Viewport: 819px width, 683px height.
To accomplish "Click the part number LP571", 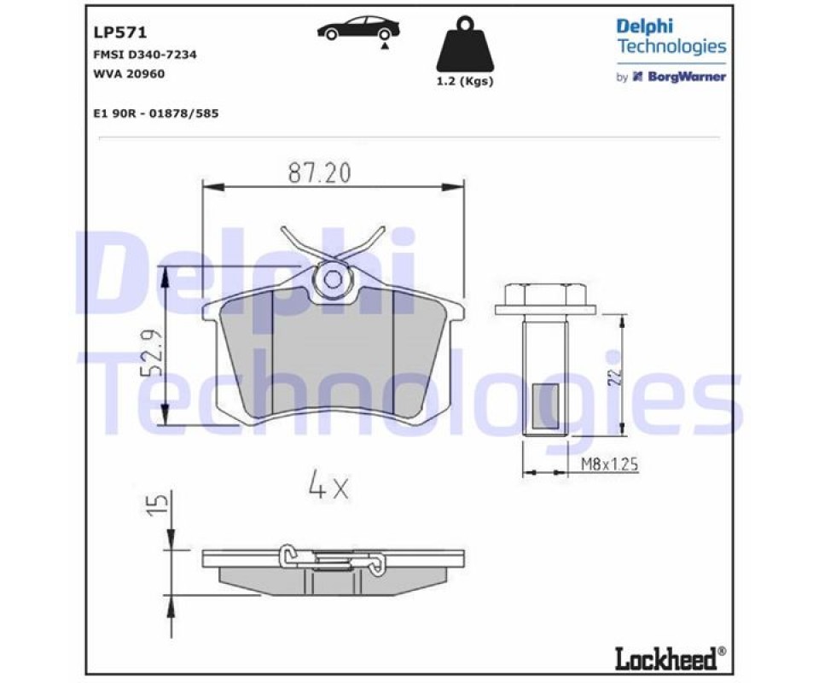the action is [x=120, y=32].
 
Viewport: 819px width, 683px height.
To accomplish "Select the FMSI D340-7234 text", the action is [x=145, y=55].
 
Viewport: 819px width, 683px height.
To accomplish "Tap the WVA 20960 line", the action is [x=129, y=73].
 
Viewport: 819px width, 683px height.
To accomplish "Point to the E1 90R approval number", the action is [x=156, y=114].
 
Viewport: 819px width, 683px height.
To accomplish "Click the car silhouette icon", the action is [x=358, y=28].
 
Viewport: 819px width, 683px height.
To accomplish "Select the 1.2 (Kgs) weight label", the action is [x=465, y=81].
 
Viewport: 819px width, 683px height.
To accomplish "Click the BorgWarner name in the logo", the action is [x=686, y=77].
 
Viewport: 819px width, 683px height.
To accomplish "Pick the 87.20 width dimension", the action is [x=320, y=173].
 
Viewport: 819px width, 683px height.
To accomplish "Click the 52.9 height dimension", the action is [x=152, y=353].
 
